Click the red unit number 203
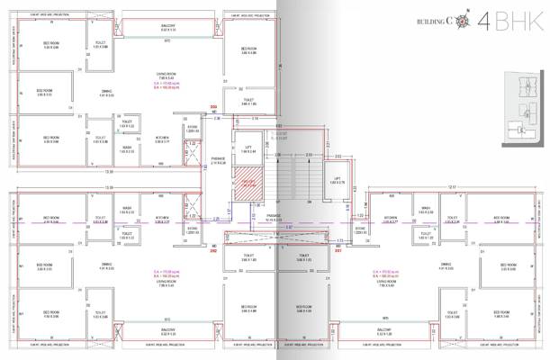213,107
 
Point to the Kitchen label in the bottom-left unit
162,218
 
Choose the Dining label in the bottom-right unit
445,265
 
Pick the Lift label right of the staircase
337,179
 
